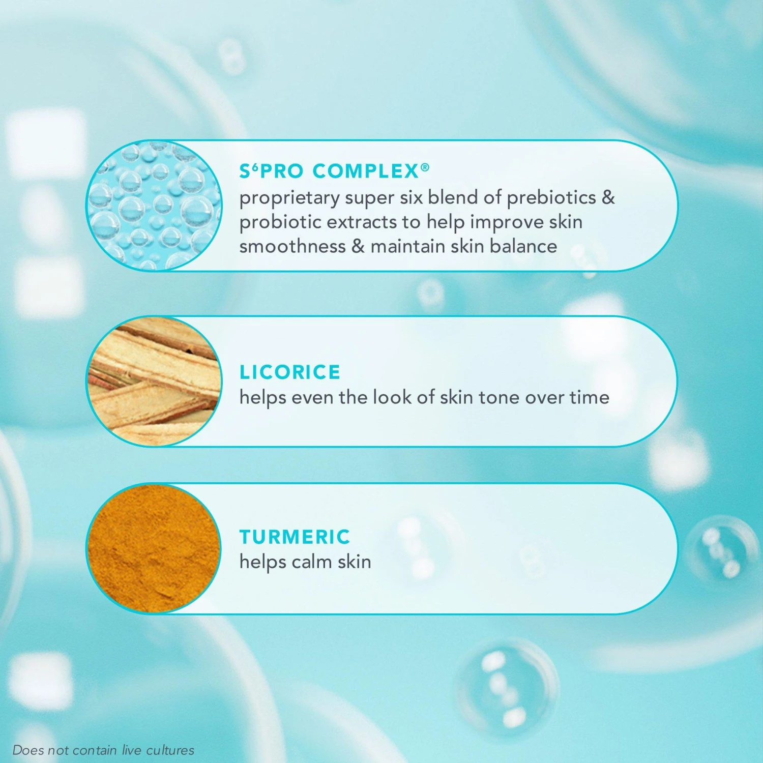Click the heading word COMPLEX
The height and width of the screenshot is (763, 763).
(x=365, y=171)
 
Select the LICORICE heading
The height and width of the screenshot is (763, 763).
(x=289, y=372)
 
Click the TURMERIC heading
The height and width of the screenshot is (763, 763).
(x=295, y=537)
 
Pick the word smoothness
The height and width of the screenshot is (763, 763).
(x=292, y=246)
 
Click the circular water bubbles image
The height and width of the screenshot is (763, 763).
(x=154, y=206)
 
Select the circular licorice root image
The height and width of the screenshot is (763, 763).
(x=154, y=381)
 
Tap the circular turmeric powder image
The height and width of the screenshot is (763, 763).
(x=154, y=549)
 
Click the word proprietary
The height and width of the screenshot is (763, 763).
(x=289, y=198)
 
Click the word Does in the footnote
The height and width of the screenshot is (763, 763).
(x=28, y=750)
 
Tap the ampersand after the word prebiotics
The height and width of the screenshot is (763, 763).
(x=608, y=197)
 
